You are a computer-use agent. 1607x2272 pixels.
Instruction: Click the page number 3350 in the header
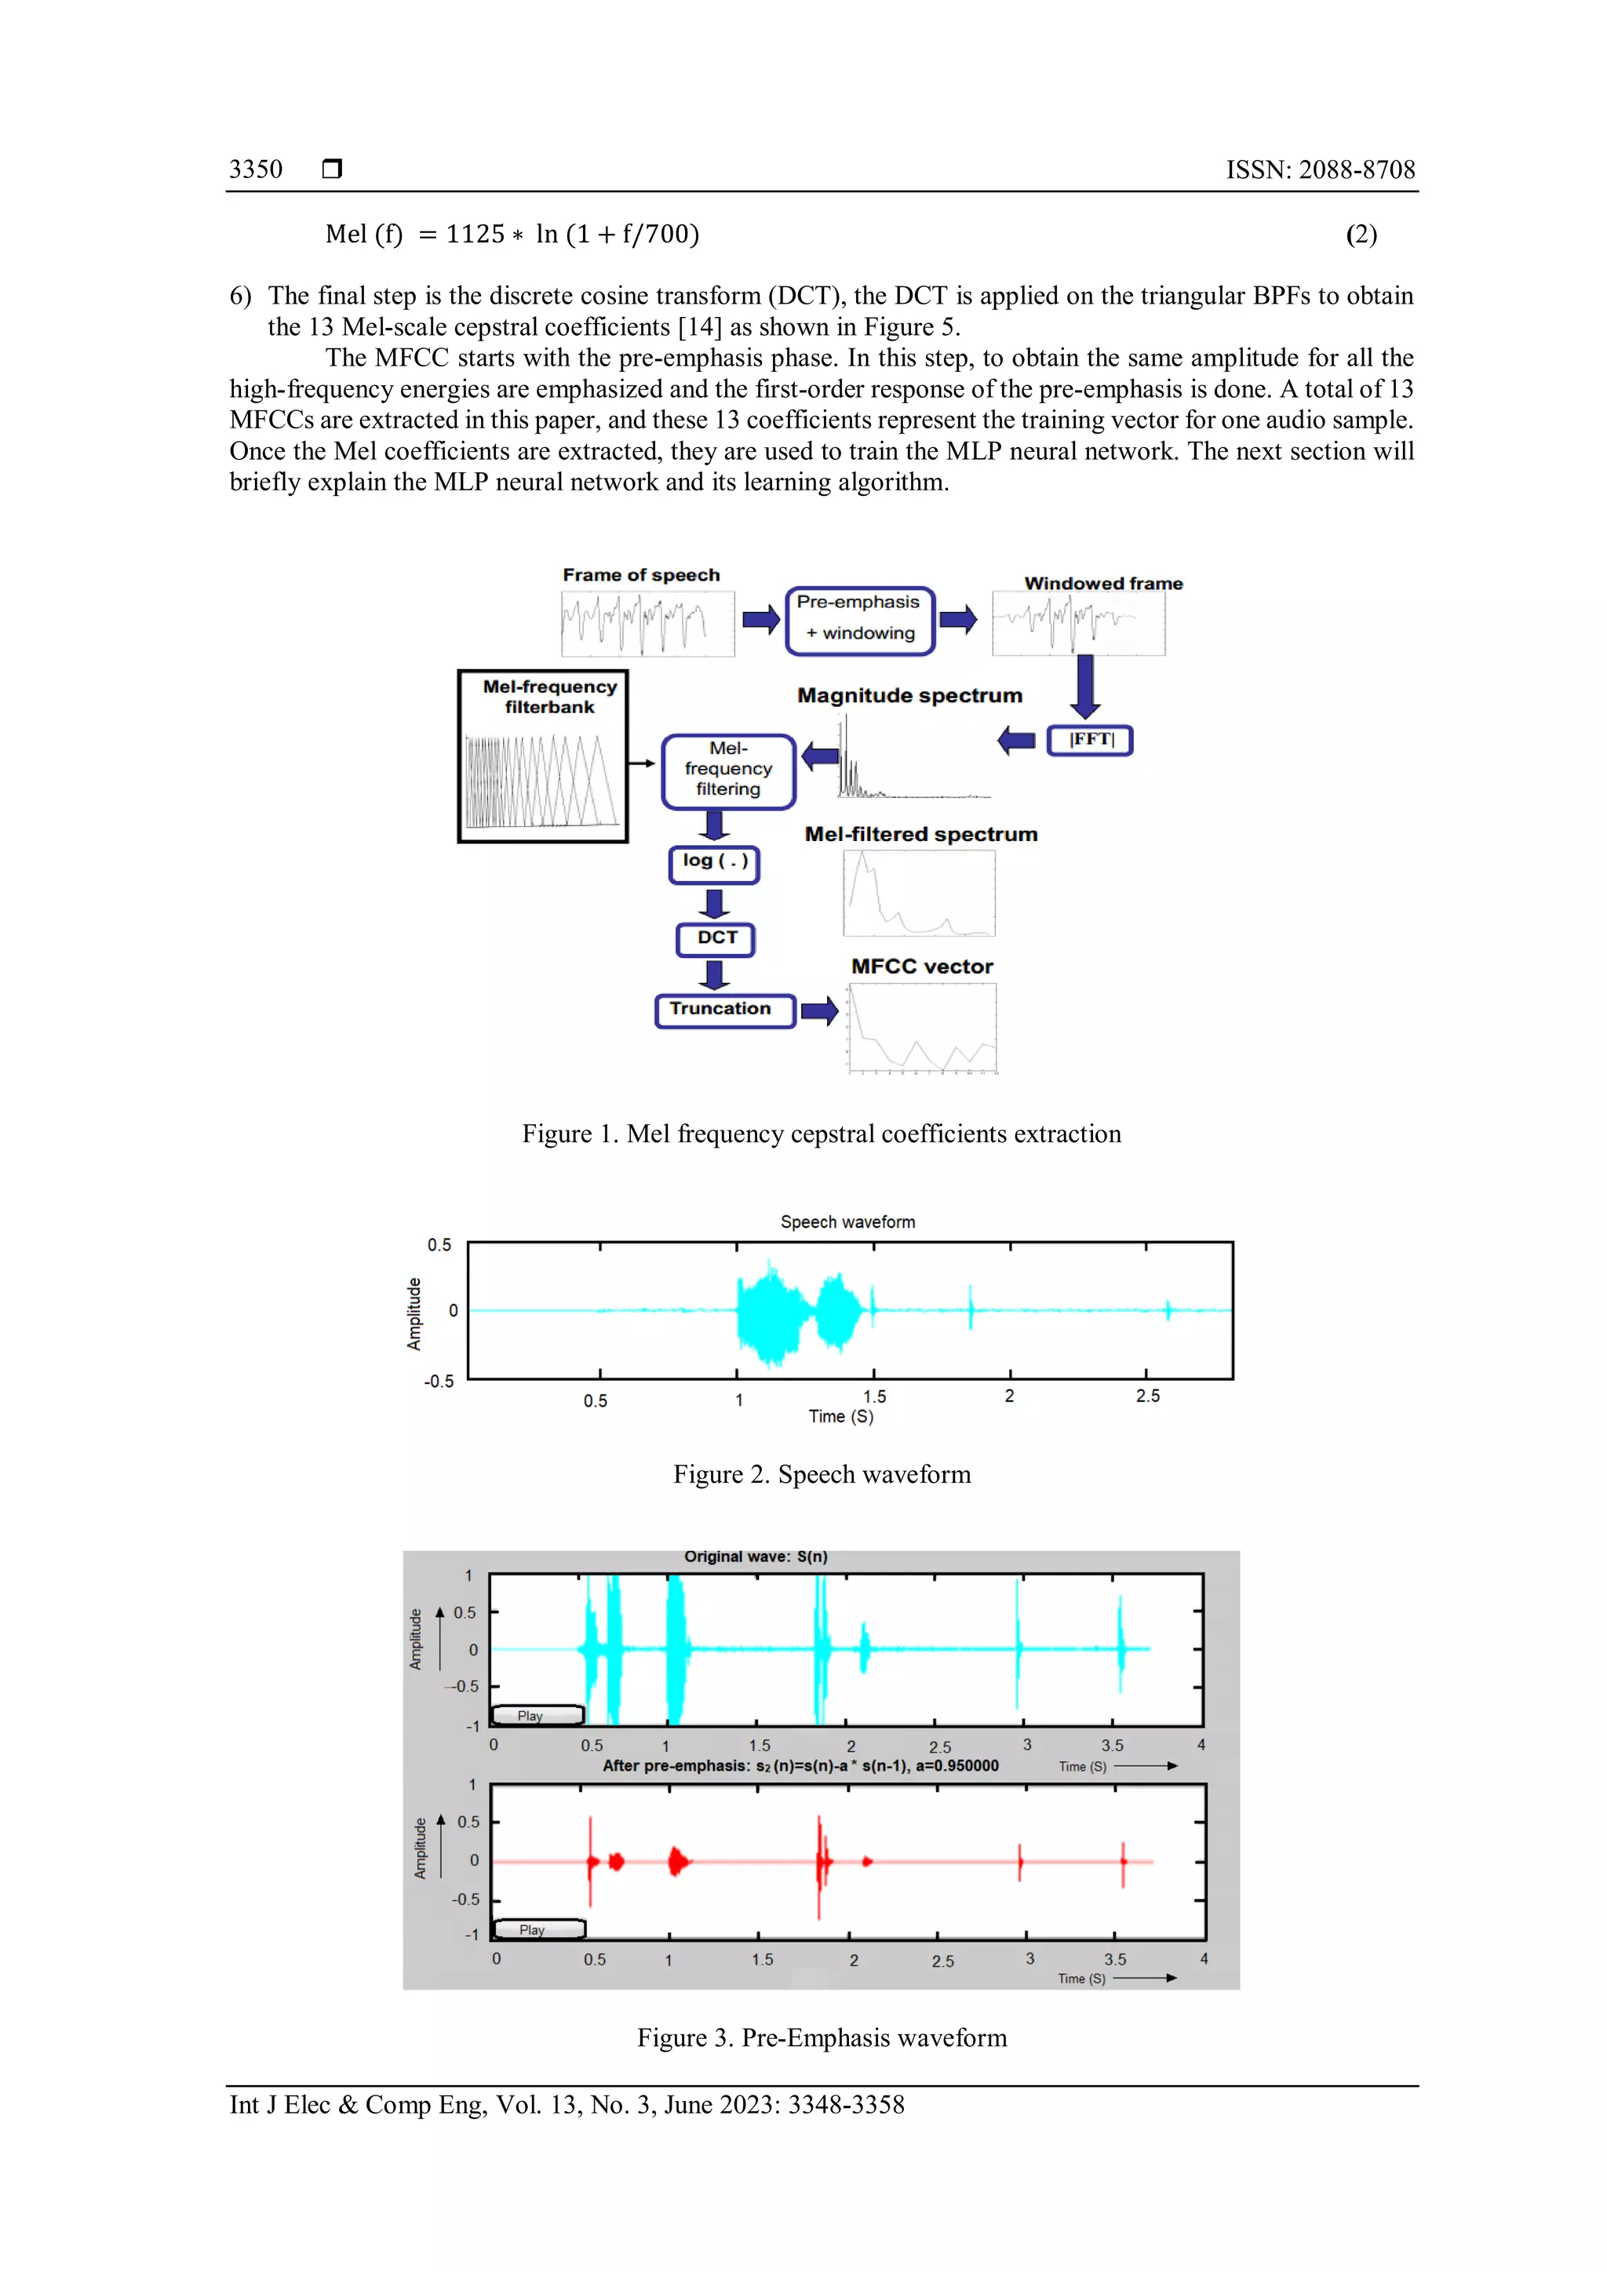click(x=255, y=169)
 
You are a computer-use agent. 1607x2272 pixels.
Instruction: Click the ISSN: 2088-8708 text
click(x=1320, y=169)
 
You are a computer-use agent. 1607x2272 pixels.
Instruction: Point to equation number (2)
click(x=1361, y=235)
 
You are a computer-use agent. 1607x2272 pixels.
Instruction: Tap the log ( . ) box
click(x=715, y=862)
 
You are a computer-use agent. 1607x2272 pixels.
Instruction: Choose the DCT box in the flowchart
click(x=716, y=938)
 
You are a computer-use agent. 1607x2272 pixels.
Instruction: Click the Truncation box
click(x=723, y=1010)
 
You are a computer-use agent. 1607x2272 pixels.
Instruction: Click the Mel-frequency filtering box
click(x=728, y=770)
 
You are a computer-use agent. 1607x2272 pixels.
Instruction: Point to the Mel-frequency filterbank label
click(x=549, y=697)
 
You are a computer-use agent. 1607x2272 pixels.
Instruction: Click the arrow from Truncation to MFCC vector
click(x=819, y=1010)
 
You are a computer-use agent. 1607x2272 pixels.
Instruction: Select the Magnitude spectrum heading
click(x=909, y=696)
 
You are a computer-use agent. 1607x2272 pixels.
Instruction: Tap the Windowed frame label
click(x=1102, y=584)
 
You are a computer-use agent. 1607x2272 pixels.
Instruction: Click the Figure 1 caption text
click(x=822, y=1134)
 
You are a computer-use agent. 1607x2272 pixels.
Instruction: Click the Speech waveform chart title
click(x=847, y=1222)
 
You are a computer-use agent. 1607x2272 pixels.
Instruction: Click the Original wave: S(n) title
click(x=756, y=1557)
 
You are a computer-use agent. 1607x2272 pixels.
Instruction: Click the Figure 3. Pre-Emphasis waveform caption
click(x=822, y=2037)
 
